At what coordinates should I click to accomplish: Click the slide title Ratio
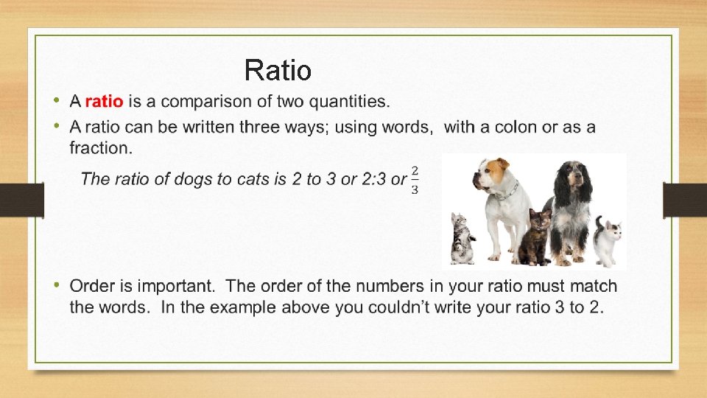coord(278,71)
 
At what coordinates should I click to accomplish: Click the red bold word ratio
coord(104,101)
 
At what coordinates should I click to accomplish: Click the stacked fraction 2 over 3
coord(415,180)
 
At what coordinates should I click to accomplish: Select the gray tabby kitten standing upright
coord(462,237)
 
